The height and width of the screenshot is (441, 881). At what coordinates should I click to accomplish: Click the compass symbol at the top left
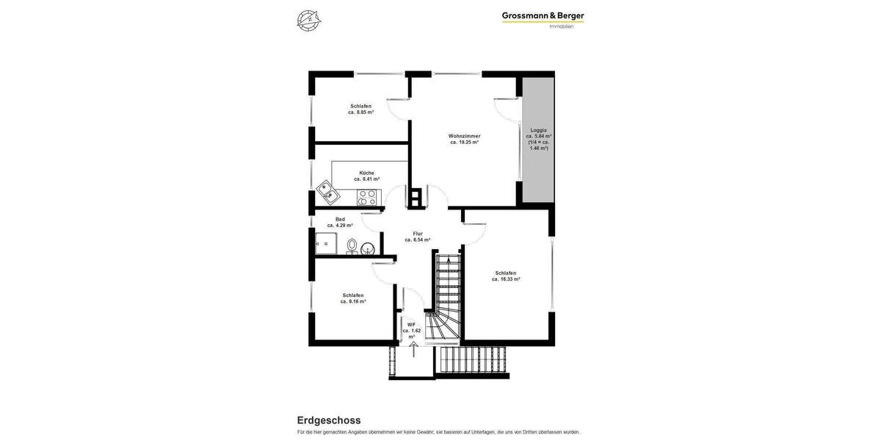tap(309, 20)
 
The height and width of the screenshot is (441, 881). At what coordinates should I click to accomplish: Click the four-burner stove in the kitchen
tap(366, 197)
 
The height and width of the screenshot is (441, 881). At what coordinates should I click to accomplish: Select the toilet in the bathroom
tap(352, 245)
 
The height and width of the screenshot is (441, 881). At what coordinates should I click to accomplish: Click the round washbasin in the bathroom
tap(368, 248)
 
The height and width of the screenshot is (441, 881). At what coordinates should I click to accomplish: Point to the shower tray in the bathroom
tap(325, 243)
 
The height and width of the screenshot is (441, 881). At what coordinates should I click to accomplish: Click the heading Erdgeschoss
tap(328, 420)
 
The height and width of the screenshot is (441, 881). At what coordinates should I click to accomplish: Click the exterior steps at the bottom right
tap(474, 361)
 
